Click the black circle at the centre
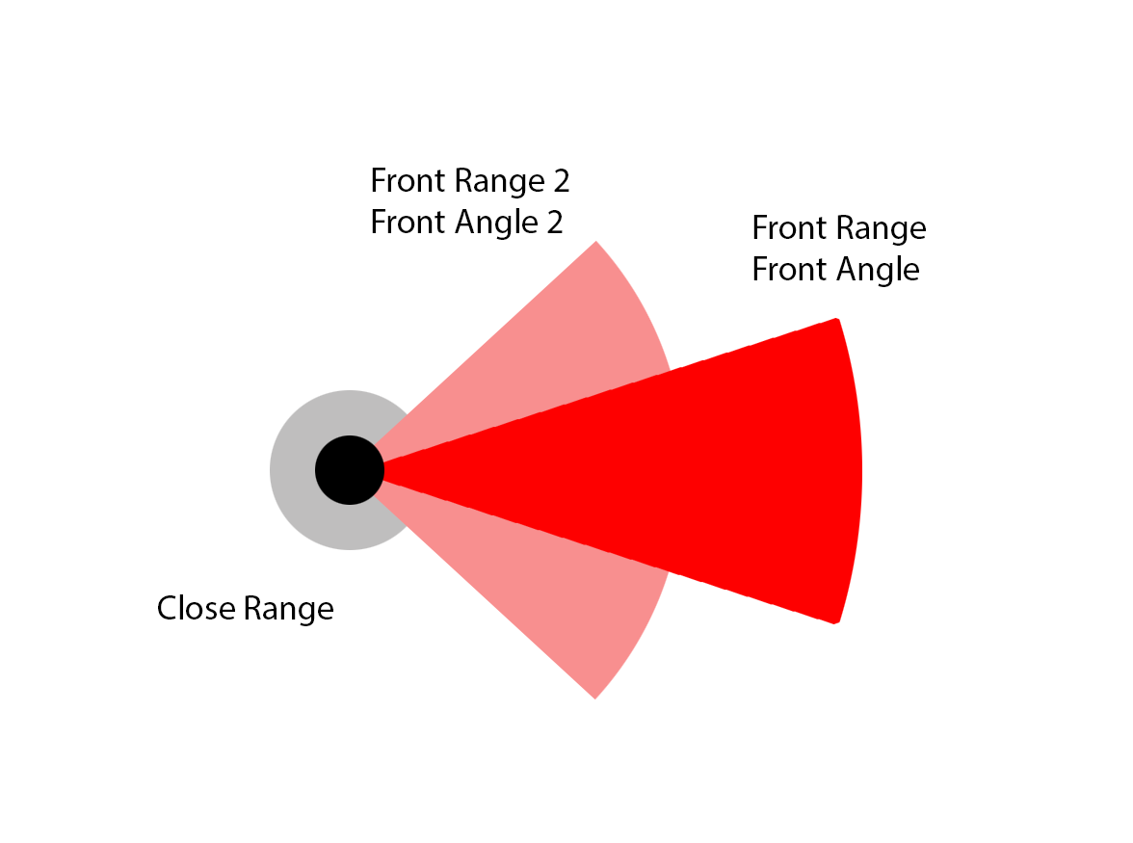click(350, 470)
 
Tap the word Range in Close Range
click(288, 609)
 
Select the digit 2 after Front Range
click(560, 181)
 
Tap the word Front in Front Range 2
click(405, 181)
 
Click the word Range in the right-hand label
click(881, 228)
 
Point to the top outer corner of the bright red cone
click(836, 320)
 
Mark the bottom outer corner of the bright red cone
click(834, 621)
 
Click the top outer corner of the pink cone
click(595, 243)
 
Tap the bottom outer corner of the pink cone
click(595, 697)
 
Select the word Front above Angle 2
click(405, 223)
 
